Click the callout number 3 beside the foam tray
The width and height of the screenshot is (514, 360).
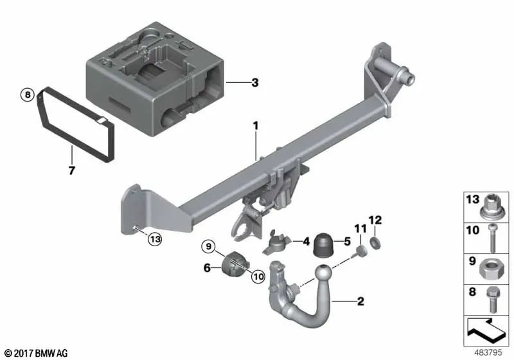coord(255,82)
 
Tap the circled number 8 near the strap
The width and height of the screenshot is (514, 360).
coord(28,94)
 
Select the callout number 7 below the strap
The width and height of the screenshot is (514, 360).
coord(72,170)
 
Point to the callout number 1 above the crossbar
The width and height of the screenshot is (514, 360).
coord(255,126)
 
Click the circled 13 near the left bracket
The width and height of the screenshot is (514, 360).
coord(155,239)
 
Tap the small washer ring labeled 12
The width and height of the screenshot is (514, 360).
coord(375,243)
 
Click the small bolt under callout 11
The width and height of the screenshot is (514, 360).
coord(359,252)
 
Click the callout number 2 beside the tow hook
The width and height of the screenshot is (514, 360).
coord(360,301)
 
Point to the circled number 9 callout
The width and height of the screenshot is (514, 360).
coord(208,246)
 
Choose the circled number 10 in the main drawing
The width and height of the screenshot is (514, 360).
coord(258,277)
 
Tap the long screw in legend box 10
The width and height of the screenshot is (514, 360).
coord(492,238)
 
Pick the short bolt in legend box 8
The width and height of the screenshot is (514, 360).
coord(493,299)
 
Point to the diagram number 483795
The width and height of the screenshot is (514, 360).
coord(488,353)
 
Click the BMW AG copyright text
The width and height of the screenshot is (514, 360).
coord(37,354)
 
